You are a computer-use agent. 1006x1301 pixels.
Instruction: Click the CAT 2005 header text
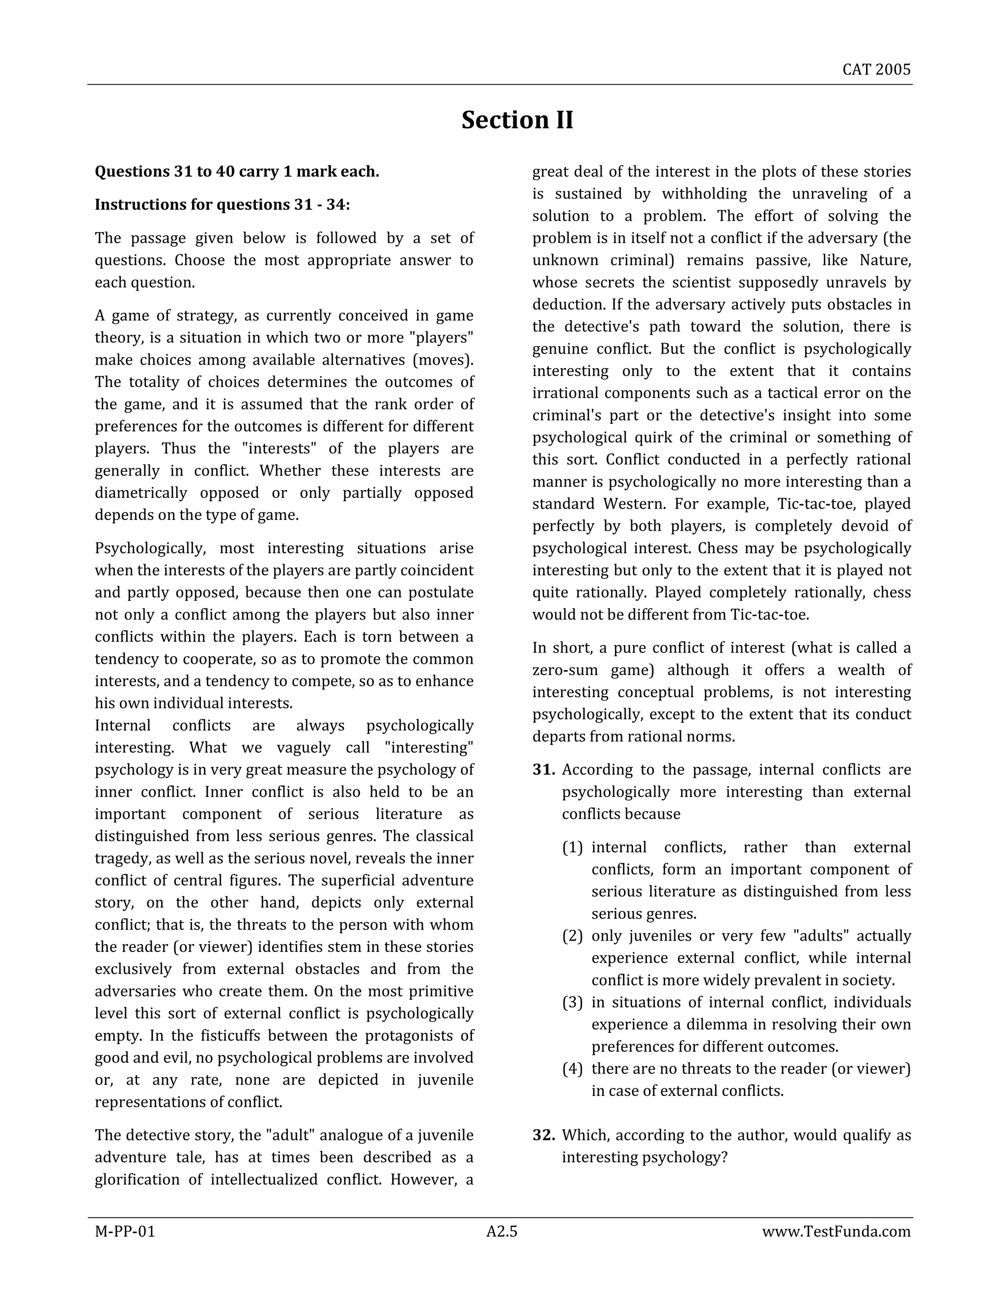[876, 70]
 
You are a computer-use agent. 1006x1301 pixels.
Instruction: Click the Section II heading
[517, 120]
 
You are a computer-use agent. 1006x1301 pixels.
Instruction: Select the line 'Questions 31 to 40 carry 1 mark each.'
[237, 172]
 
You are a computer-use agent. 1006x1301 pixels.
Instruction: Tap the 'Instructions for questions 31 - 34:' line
[223, 205]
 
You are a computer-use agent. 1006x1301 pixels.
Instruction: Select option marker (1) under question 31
[572, 848]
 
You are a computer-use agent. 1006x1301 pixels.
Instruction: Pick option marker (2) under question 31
[572, 936]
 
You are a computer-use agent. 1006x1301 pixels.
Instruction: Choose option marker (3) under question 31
[572, 1003]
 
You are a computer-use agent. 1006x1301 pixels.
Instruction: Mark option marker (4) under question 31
[572, 1069]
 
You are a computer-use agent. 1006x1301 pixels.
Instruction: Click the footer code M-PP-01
[125, 1232]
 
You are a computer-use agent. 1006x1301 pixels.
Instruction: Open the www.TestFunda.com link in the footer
[836, 1232]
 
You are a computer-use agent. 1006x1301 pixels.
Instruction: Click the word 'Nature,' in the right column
[885, 260]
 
